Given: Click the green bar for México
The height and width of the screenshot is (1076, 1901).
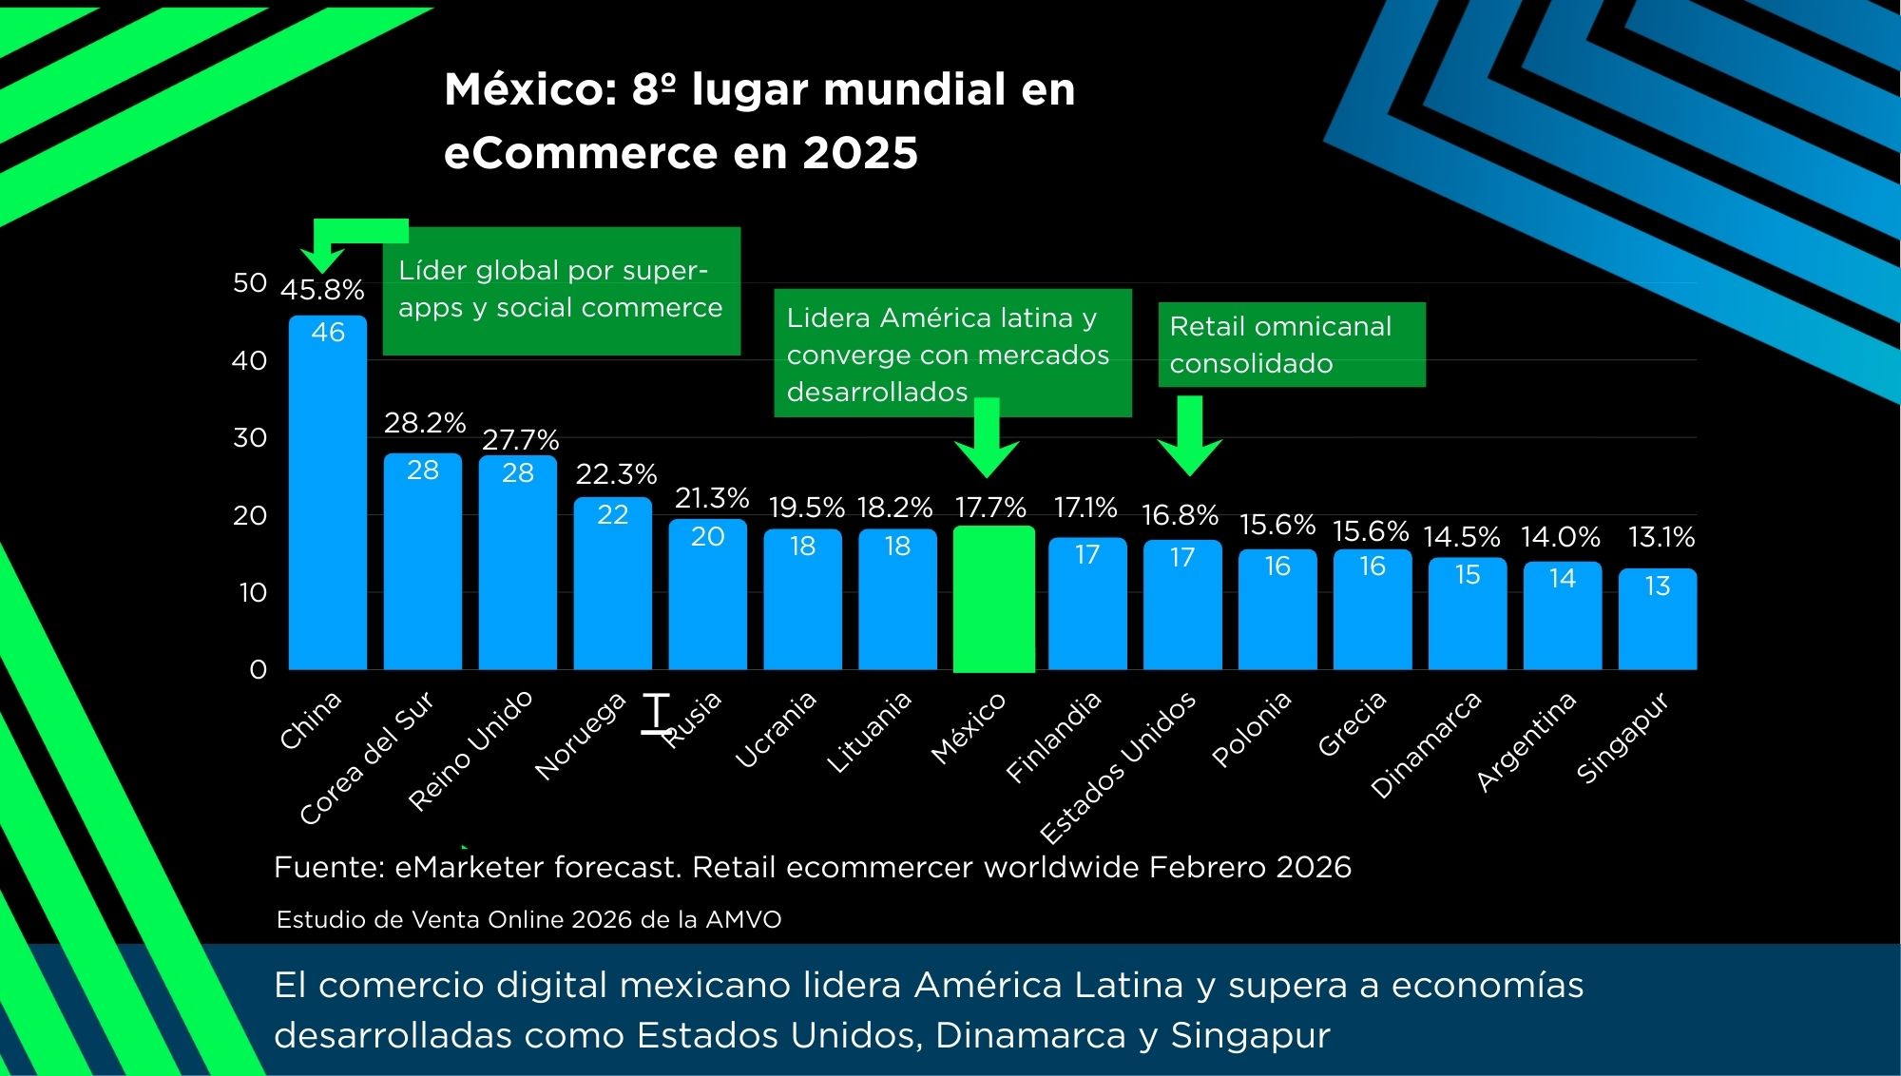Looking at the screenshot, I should pyautogui.click(x=993, y=599).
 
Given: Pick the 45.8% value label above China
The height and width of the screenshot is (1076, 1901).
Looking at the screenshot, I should pyautogui.click(x=322, y=290).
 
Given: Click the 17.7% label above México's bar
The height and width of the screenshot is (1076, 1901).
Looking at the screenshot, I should pyautogui.click(x=990, y=508).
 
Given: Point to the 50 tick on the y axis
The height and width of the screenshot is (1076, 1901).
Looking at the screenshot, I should pyautogui.click(x=250, y=283).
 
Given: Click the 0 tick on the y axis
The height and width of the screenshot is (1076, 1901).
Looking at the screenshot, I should pyautogui.click(x=258, y=670).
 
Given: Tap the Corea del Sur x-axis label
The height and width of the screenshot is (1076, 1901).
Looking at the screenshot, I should pyautogui.click(x=366, y=759).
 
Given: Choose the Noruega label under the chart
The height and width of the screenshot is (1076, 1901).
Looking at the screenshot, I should pyautogui.click(x=580, y=738).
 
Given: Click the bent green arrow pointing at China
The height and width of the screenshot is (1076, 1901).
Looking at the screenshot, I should pyautogui.click(x=342, y=238).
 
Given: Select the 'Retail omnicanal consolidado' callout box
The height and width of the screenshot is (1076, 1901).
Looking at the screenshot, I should pyautogui.click(x=1291, y=345).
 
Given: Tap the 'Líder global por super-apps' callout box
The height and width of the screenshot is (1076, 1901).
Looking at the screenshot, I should pyautogui.click(x=561, y=290).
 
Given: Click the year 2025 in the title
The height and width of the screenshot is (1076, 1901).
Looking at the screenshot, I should pyautogui.click(x=860, y=153).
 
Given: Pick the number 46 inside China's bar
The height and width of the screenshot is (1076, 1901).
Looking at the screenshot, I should pyautogui.click(x=328, y=333).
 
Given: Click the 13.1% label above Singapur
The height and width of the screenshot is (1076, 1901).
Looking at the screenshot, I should pyautogui.click(x=1661, y=538).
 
